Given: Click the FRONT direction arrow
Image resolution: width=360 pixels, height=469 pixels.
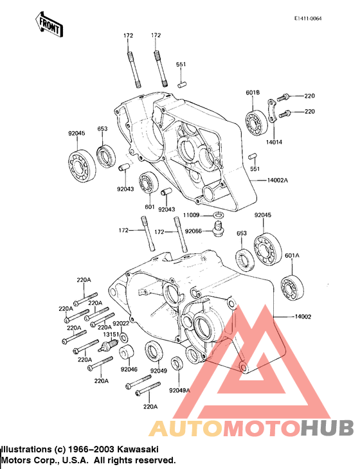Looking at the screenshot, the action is click(48, 24).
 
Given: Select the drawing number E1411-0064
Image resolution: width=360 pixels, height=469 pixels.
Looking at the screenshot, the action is click(308, 19).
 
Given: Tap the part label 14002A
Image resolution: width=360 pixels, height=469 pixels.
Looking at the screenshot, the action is click(278, 181).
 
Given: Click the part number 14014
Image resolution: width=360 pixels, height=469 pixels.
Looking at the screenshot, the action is click(274, 142).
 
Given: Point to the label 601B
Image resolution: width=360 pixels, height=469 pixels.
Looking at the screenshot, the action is click(253, 93).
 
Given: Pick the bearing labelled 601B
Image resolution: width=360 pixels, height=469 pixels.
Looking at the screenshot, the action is click(257, 122).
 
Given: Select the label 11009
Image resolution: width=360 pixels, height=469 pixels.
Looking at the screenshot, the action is click(192, 215).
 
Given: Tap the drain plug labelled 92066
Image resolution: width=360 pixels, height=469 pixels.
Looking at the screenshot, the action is click(217, 230).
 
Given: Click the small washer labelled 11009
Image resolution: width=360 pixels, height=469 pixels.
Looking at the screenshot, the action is click(219, 215).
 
